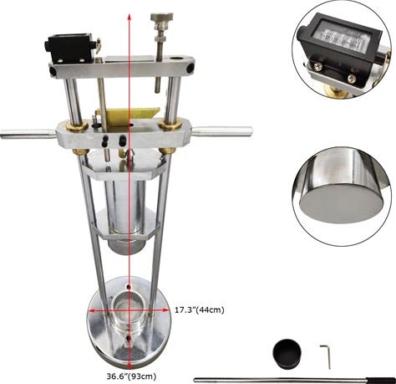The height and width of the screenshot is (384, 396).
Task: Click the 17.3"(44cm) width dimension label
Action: (x=200, y=310)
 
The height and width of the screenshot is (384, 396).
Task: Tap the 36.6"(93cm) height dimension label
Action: (x=131, y=376)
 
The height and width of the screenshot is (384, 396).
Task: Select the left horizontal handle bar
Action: (x=28, y=134)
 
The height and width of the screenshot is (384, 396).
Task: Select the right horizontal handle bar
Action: (x=222, y=131)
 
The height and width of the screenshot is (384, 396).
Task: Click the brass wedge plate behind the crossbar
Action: (x=130, y=116)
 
